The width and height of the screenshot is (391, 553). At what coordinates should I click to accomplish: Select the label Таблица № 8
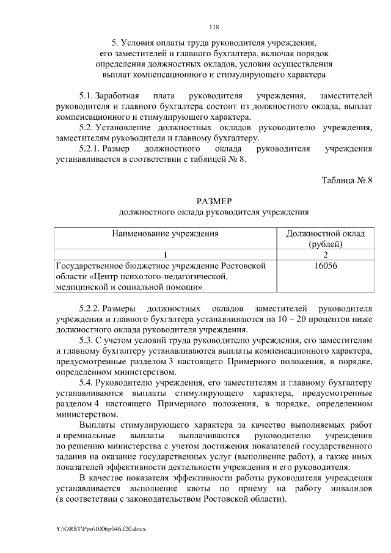click(x=346, y=180)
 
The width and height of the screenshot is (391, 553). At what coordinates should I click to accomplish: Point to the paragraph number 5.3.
click(x=88, y=339)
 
